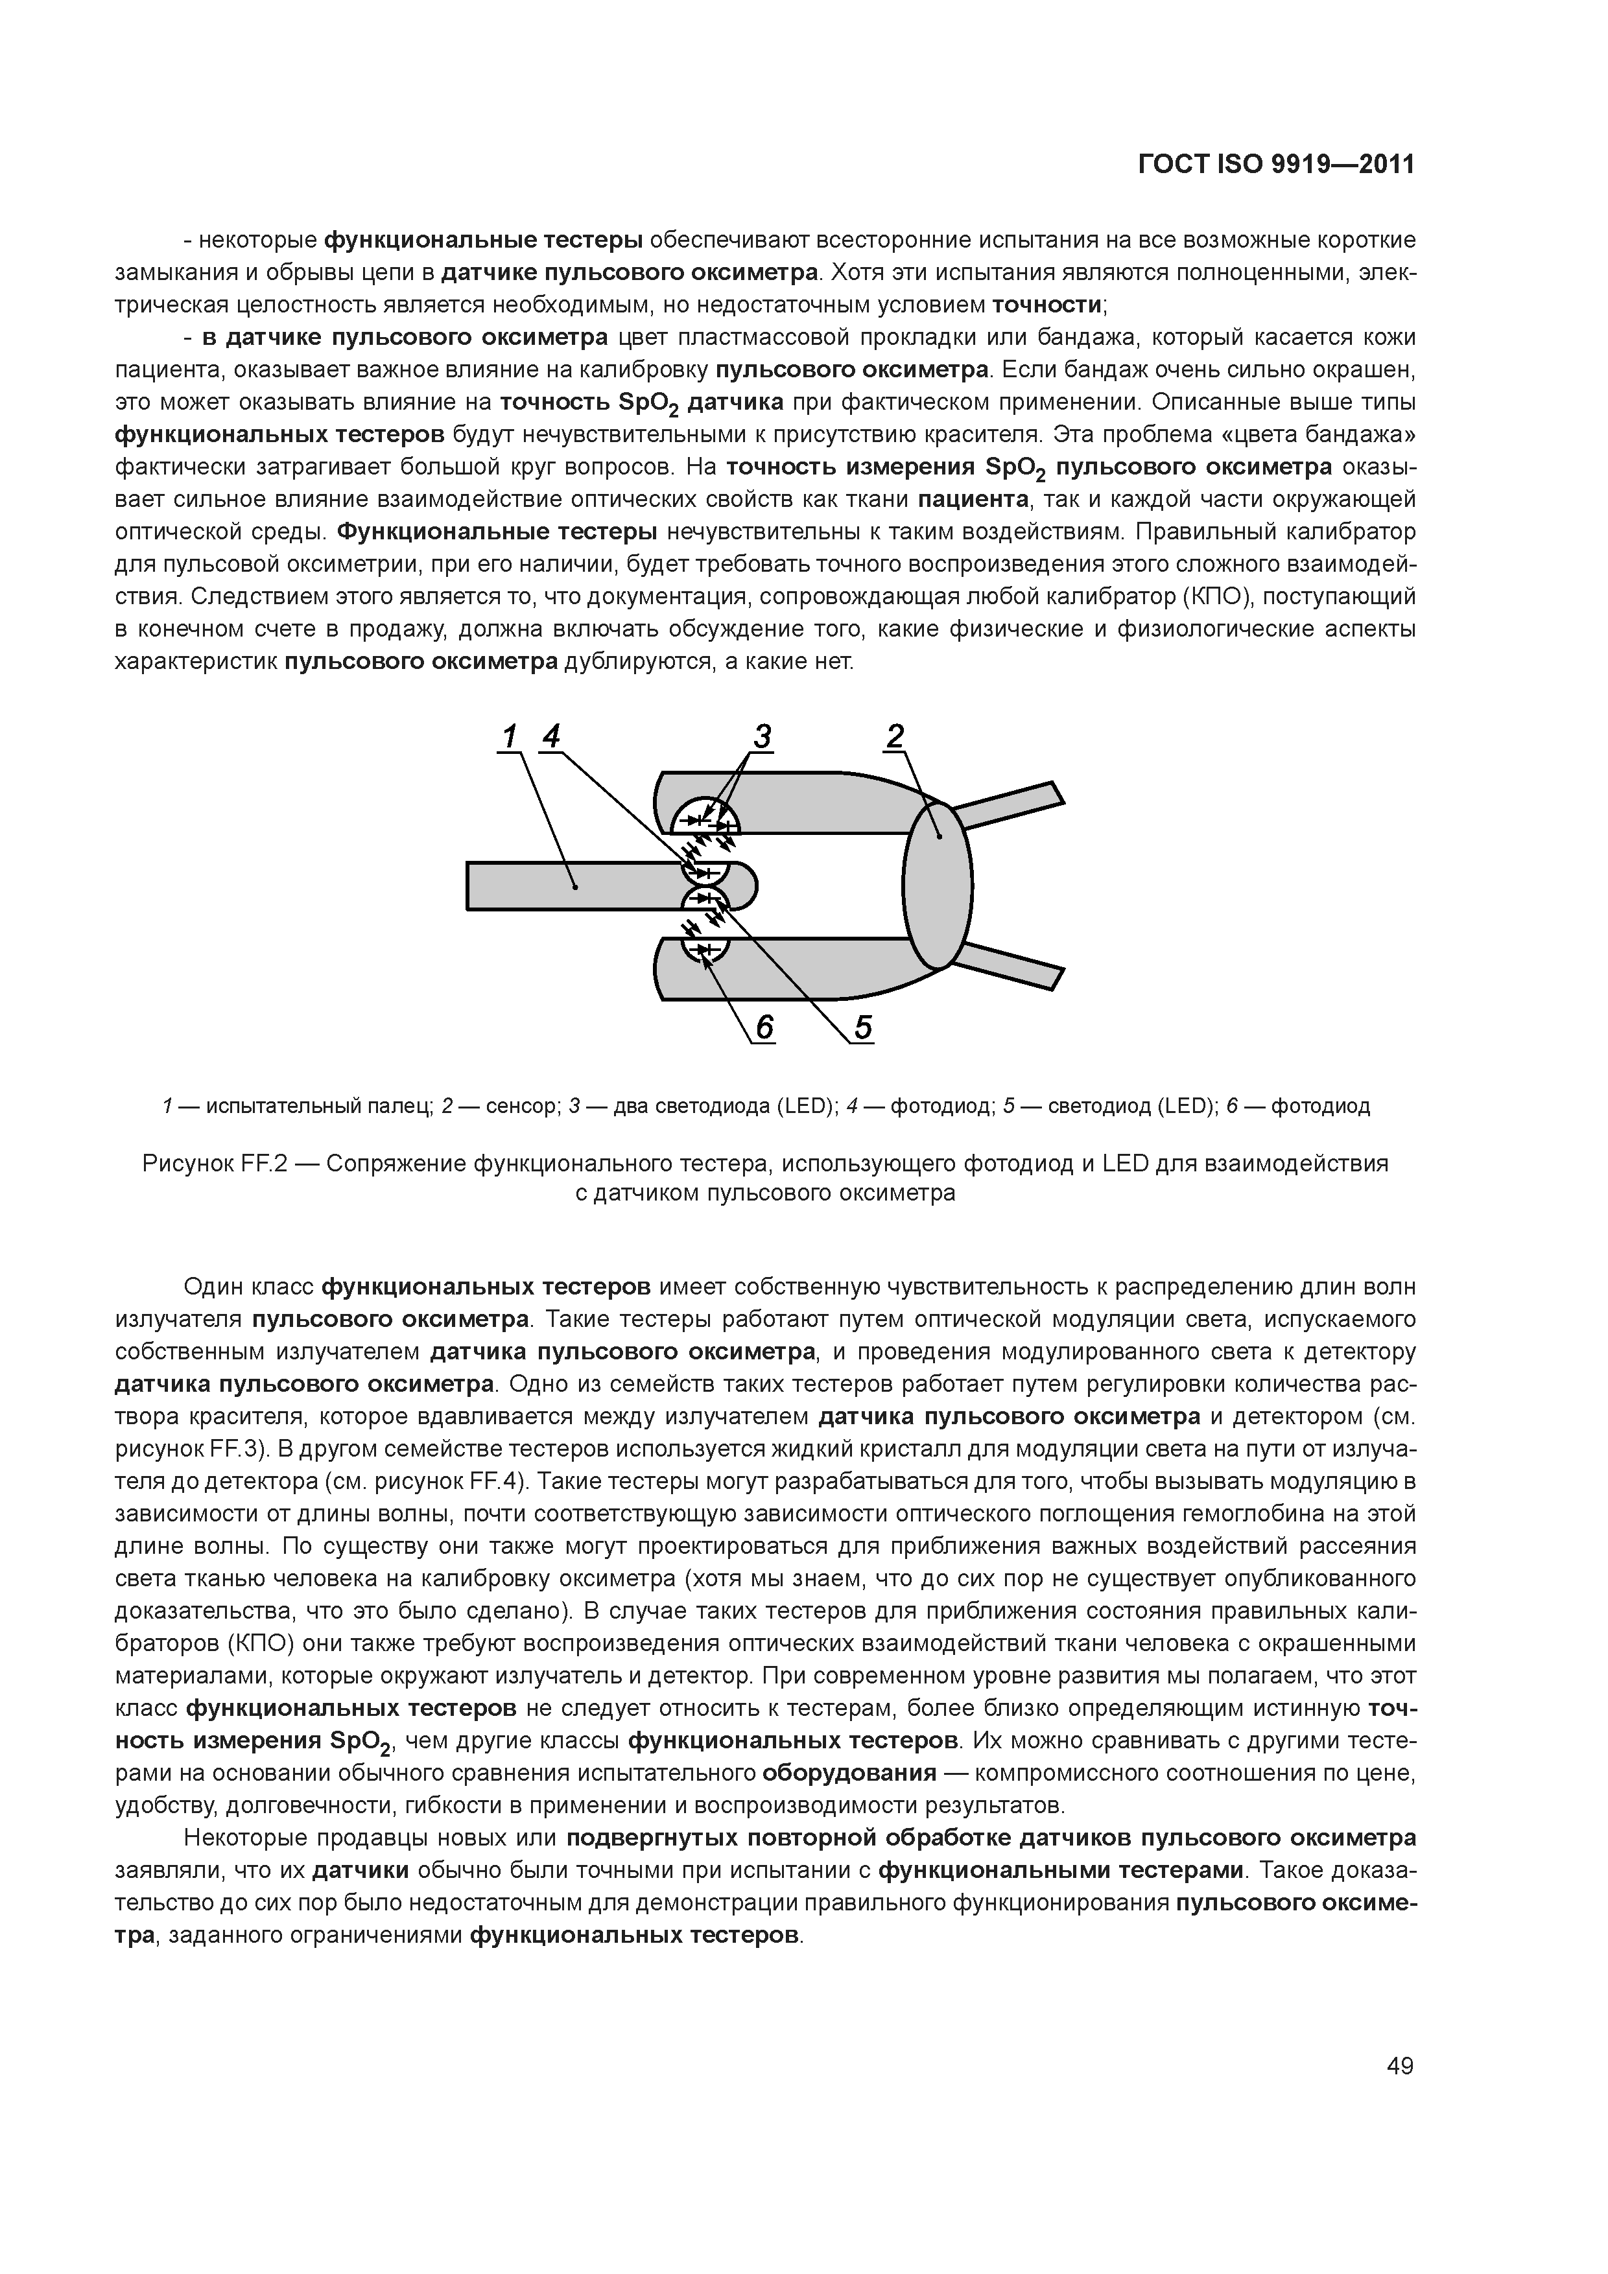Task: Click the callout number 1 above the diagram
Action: (509, 737)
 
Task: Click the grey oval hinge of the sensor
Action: (938, 885)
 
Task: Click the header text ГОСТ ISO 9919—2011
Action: (1276, 165)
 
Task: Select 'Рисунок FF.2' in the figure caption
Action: (215, 1164)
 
